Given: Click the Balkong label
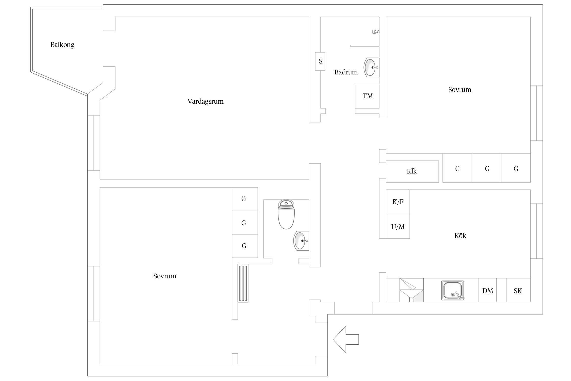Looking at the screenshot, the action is (x=62, y=45).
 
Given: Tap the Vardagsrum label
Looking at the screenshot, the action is (x=206, y=101).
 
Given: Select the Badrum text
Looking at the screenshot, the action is (x=346, y=72).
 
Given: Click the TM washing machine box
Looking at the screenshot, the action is (x=367, y=96).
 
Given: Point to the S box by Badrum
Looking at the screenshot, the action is (x=320, y=61).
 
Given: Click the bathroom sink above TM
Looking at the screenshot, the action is (x=372, y=67).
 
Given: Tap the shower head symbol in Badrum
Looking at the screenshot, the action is (x=376, y=32).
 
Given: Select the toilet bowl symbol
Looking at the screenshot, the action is (x=286, y=215).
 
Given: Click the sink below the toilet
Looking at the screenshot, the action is (x=301, y=241).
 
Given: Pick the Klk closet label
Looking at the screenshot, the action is (x=412, y=171).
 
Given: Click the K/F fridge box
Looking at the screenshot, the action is (x=398, y=202).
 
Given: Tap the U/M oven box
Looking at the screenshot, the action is (x=398, y=226).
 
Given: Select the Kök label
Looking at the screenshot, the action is (x=460, y=236).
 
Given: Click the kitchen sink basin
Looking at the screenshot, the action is (x=453, y=290).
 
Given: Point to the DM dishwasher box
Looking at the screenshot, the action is (x=488, y=290).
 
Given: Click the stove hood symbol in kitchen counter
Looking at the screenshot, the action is (x=412, y=290).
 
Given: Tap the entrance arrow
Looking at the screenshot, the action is (x=346, y=339).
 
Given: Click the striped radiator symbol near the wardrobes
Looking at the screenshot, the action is (x=243, y=283).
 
